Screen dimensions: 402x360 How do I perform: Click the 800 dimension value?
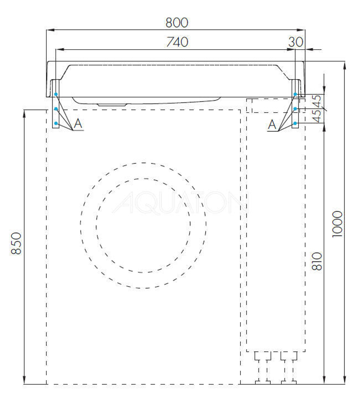point(177,23)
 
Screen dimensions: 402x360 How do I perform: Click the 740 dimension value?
point(177,42)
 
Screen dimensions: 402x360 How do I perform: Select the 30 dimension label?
point(296,42)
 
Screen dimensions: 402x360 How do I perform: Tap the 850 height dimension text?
point(16,243)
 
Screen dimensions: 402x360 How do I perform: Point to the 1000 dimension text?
point(337,224)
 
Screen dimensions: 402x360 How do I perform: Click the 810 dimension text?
point(316,261)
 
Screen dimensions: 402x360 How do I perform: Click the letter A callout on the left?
point(78,124)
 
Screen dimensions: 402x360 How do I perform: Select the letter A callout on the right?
point(273,125)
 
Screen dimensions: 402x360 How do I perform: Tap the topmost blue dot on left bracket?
point(56,94)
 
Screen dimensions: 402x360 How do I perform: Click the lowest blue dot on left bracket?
point(56,123)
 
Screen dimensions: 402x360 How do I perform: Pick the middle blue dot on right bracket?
point(295,109)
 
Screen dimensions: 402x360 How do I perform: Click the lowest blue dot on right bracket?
point(295,123)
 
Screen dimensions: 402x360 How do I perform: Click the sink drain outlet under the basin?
point(112,104)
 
